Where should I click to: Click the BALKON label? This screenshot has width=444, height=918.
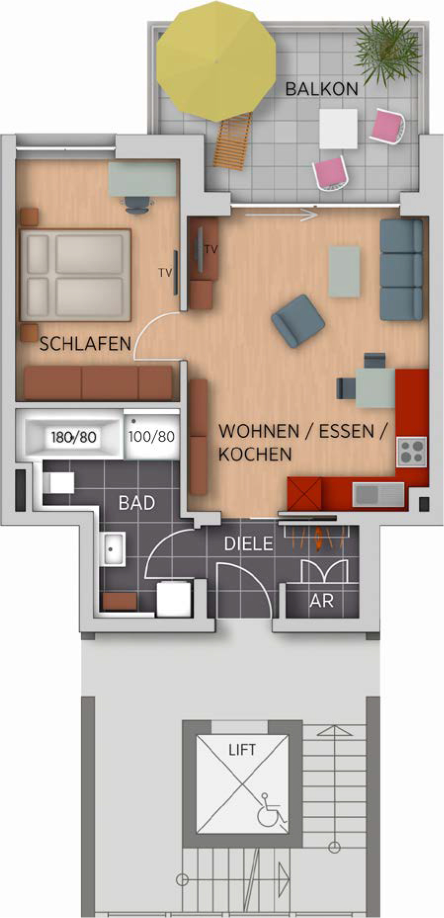321,89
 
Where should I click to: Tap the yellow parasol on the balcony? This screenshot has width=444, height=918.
216,62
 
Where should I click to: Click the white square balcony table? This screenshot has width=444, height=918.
338,128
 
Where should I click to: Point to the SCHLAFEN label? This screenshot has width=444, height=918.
85,344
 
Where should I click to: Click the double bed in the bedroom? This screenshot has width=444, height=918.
75,275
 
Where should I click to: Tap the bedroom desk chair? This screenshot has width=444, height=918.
136,205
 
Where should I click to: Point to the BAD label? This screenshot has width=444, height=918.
137,503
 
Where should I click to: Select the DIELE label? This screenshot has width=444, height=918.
249,544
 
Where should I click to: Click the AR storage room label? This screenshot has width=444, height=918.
321,601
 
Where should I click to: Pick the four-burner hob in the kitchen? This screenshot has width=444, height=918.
412,451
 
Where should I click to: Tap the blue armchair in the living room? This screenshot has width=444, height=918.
298,321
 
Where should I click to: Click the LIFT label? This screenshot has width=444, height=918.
242,750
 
